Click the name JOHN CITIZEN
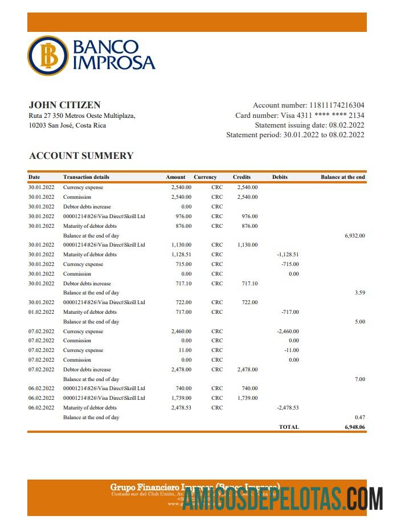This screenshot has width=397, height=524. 64,105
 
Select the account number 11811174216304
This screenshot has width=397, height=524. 337,105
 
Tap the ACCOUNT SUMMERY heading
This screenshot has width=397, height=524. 81,155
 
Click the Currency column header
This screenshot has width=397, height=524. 205,177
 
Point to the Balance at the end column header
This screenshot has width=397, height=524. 342,177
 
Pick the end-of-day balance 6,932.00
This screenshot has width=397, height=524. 354,235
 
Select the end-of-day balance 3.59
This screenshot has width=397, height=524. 359,293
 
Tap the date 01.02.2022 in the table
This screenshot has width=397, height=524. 41,312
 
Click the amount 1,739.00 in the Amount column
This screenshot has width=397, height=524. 181,398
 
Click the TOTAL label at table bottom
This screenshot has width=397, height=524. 288,427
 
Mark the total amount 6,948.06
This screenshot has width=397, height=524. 354,427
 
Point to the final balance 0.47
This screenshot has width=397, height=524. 359,417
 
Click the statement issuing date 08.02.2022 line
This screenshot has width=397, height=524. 309,125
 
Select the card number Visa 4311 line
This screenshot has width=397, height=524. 300,116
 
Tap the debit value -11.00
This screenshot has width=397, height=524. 291,350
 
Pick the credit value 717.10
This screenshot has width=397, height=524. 249,284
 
